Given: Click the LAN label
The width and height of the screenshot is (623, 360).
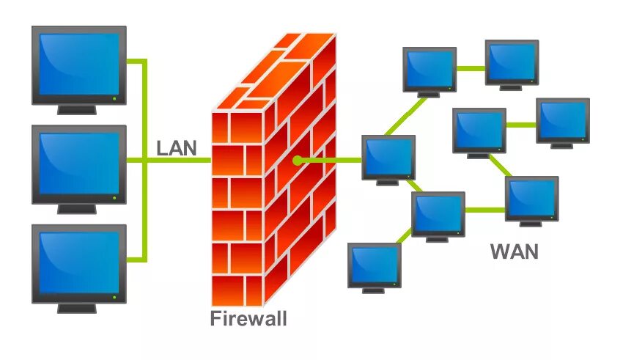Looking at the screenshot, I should (177, 147).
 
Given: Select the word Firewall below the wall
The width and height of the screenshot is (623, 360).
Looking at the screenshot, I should (248, 319).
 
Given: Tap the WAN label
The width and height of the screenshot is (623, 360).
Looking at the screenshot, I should (514, 251).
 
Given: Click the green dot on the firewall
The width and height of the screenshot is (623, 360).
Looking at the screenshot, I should (297, 161).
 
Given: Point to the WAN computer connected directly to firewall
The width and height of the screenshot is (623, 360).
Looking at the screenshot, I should (388, 158).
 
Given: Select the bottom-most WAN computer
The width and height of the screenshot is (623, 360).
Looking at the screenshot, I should (374, 265).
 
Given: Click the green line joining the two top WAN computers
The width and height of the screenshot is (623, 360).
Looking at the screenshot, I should (471, 68).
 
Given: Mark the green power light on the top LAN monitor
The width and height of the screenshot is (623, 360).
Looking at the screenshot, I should (114, 98).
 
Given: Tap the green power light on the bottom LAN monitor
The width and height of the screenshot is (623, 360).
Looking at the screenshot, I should (114, 296).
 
